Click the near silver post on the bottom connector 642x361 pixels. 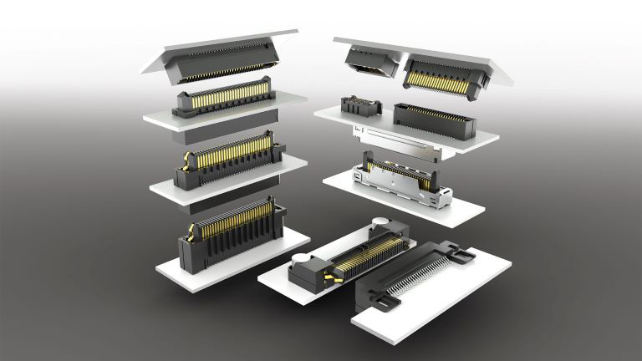tap(298, 261)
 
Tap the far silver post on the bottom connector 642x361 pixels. tap(381, 223)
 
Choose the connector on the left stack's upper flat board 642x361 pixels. tap(222, 98)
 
